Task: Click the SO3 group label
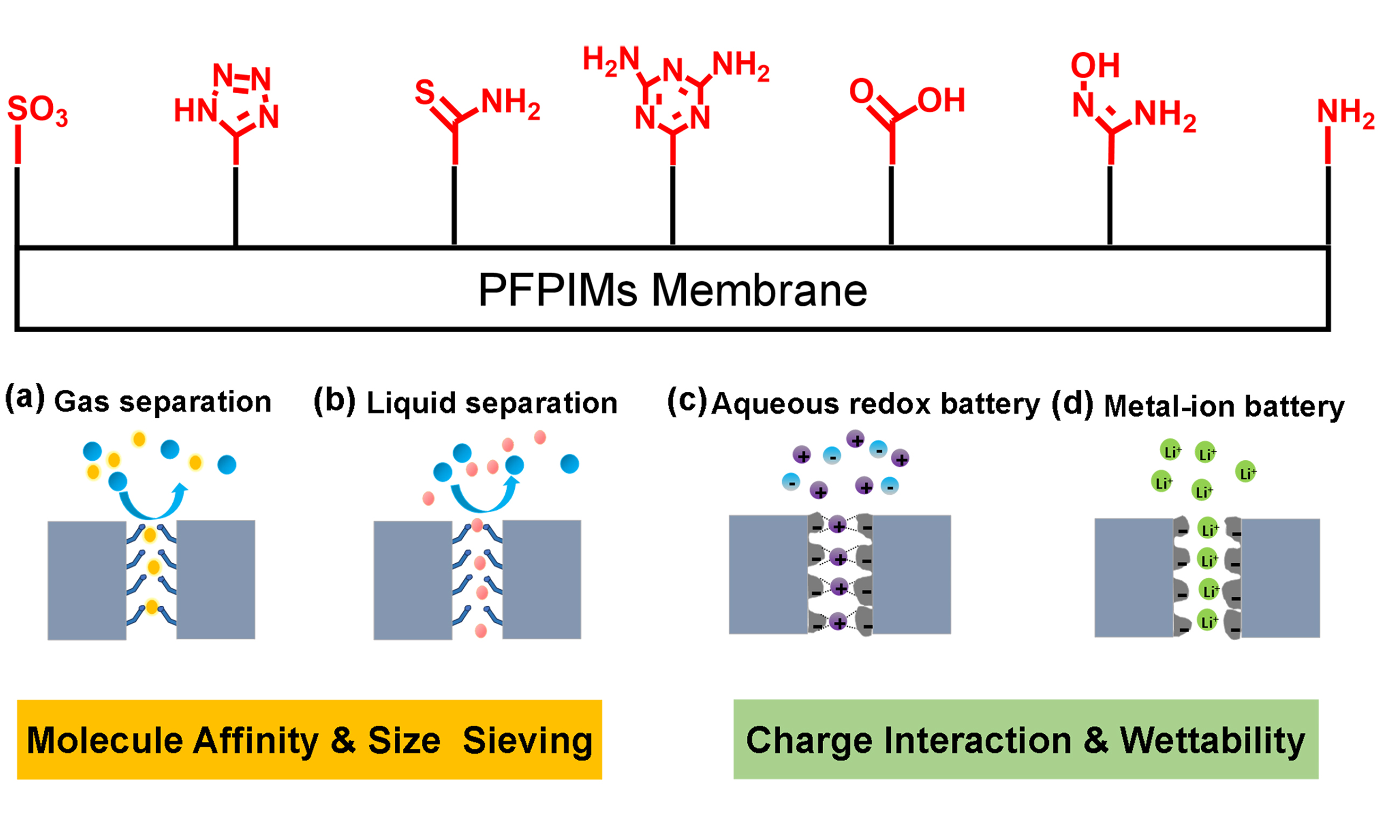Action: [x=37, y=110]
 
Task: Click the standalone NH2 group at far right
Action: [x=1345, y=113]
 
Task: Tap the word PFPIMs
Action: [x=558, y=290]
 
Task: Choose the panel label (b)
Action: [x=334, y=401]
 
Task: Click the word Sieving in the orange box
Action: [x=527, y=741]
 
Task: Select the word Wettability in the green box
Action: [x=1213, y=741]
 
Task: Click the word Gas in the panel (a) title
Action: [x=81, y=402]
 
